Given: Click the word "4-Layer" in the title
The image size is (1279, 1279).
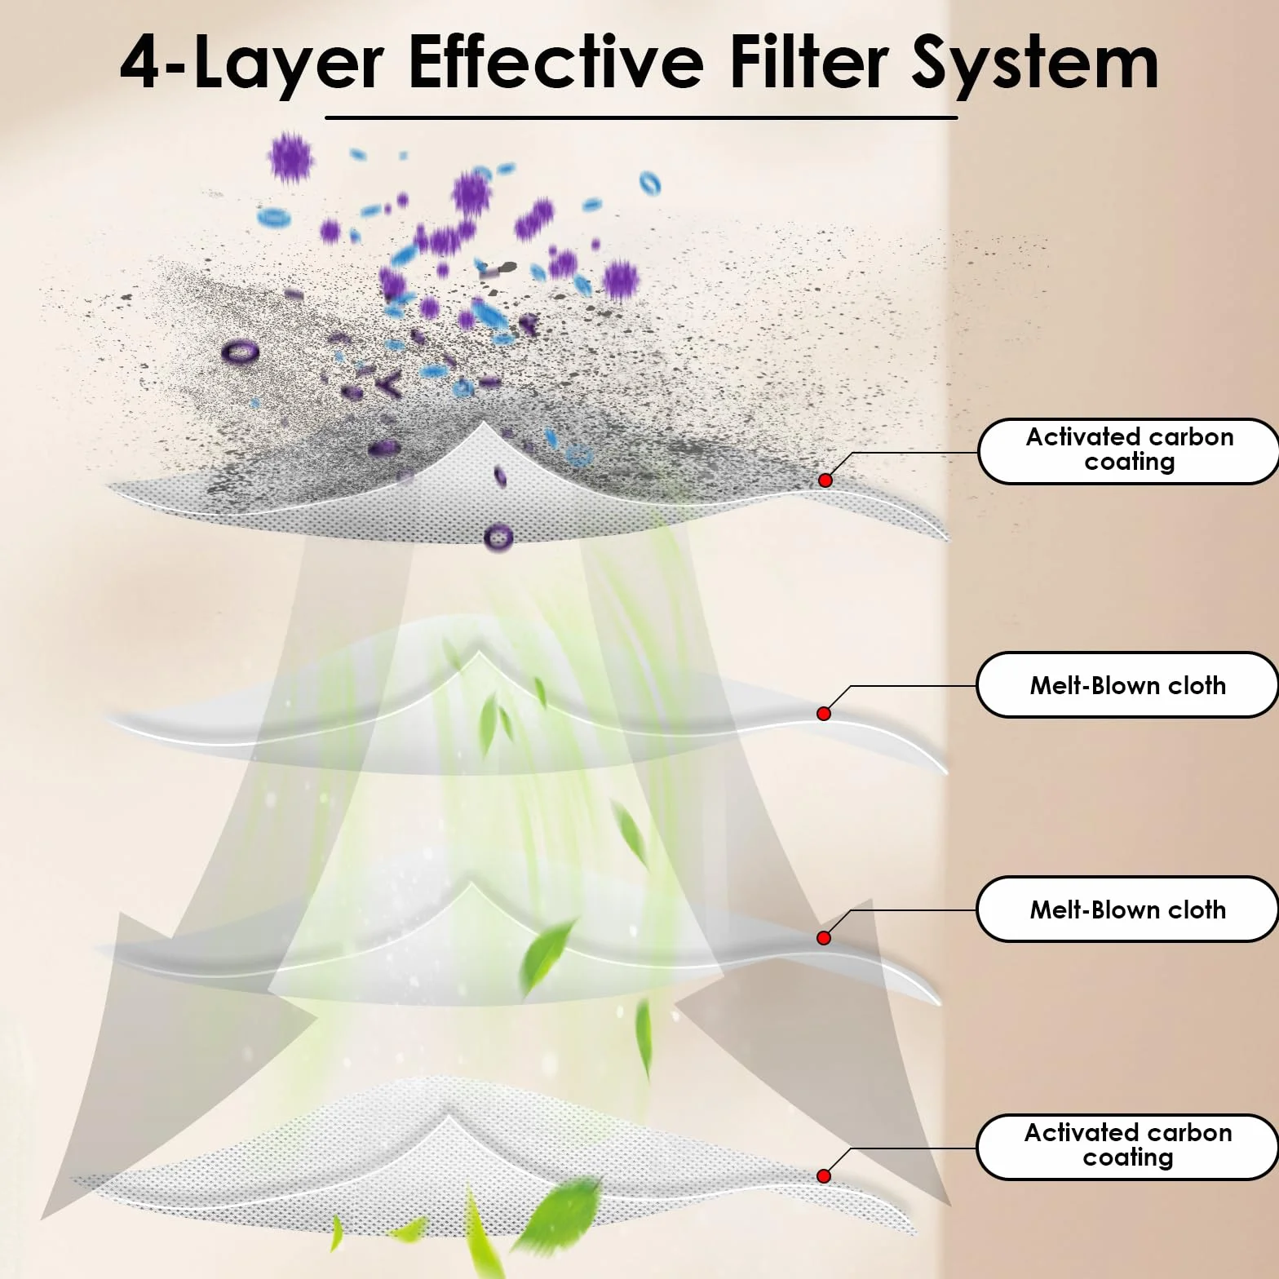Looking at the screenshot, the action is (x=251, y=64).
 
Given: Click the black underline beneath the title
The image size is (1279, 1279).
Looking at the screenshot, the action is (x=641, y=117).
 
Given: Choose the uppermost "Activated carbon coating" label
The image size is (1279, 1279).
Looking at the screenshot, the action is (x=1129, y=450).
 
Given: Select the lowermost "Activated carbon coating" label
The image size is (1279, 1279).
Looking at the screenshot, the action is (x=1128, y=1146).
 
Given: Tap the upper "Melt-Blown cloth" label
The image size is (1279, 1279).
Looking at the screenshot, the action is (x=1128, y=684).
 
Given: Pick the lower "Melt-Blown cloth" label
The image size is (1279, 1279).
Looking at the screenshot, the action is (x=1128, y=909).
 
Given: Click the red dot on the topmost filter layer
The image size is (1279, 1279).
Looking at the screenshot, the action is (x=825, y=480).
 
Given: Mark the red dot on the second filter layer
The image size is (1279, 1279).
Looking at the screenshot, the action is (x=824, y=714).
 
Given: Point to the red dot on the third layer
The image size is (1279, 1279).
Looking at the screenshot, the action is (x=824, y=938).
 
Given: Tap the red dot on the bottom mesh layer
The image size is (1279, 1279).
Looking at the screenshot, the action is (x=824, y=1175).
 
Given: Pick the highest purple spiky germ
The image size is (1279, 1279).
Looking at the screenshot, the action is (x=290, y=156).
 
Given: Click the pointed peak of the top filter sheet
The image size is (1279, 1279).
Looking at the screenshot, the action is (x=485, y=423).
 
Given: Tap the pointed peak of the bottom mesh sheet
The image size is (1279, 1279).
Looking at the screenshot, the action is (x=447, y=1107).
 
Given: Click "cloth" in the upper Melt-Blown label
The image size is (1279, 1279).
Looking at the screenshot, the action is (x=1197, y=684).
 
